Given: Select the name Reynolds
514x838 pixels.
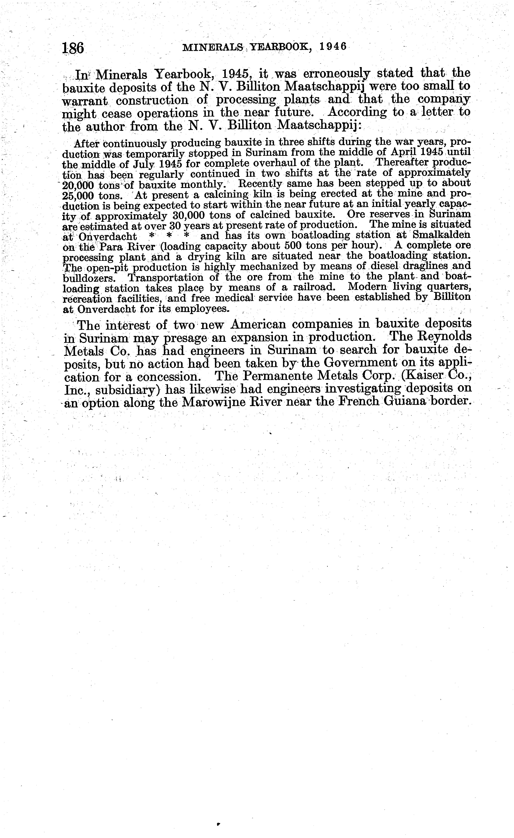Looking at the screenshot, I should point(442,337).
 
